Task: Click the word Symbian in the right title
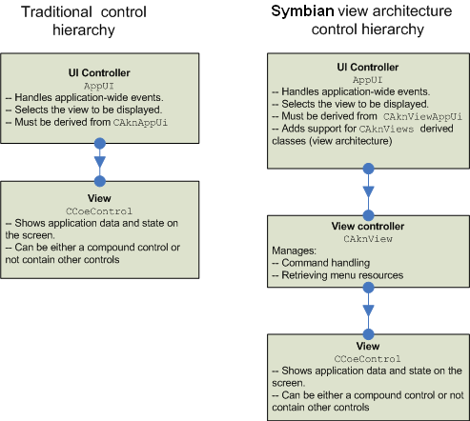pos(302,12)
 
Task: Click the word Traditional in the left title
pos(56,12)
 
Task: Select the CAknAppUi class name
pos(140,123)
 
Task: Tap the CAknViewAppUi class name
pos(422,117)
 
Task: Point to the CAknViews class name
pos(386,129)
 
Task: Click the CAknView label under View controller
pos(368,239)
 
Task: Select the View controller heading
pos(368,226)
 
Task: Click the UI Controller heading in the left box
pos(99,72)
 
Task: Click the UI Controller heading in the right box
pos(368,67)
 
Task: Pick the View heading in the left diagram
pos(99,198)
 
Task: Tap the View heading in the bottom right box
pos(368,346)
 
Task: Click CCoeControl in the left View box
pos(99,211)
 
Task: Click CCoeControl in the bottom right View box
pos(367,359)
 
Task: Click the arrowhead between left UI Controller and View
pos(100,161)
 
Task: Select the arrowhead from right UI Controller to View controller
pos(368,191)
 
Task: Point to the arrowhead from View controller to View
pos(368,311)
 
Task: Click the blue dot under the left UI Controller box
pos(100,144)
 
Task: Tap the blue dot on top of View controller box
pos(368,215)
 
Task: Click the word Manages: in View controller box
pos(294,251)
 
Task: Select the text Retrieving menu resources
pos(342,275)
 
